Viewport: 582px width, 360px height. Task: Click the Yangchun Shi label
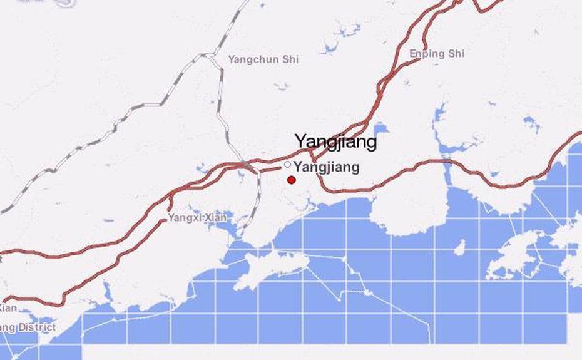[x=263, y=59]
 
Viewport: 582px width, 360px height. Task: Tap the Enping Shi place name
[x=437, y=54]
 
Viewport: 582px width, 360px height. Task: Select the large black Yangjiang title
[x=336, y=141]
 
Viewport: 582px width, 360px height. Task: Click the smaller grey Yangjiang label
[x=327, y=167]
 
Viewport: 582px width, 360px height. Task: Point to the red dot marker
[x=291, y=180]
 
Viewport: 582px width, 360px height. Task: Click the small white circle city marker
[x=287, y=164]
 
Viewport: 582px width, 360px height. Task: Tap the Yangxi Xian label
[x=197, y=218]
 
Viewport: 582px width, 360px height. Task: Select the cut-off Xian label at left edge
[x=8, y=308]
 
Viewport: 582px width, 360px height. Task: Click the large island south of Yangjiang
[x=272, y=268]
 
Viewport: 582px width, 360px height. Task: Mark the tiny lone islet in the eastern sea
[x=460, y=249]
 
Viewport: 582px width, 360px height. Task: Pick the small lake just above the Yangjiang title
[x=380, y=128]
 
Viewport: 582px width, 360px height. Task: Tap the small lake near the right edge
[x=532, y=123]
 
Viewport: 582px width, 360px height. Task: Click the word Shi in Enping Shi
[x=455, y=54]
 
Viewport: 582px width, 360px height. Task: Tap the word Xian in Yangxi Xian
[x=215, y=218]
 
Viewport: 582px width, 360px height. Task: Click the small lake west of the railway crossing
[x=202, y=168]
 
